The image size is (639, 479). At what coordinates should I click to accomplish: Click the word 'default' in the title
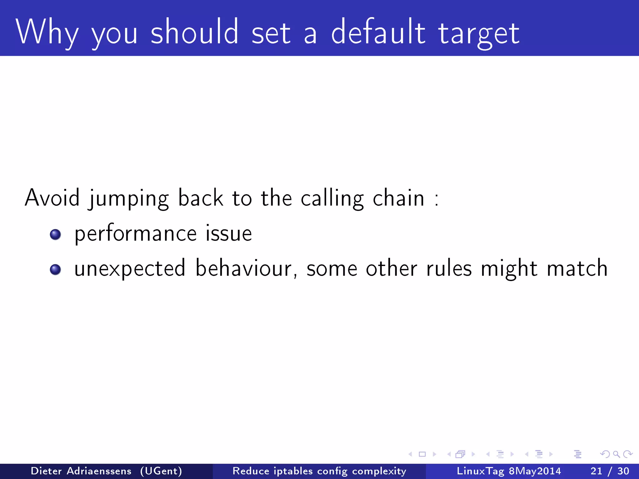pos(378,32)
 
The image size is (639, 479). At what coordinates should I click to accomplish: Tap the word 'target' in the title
pos(479,34)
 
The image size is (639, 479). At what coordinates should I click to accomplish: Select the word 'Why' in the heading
pos(47,32)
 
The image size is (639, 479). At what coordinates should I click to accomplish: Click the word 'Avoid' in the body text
pos(52,198)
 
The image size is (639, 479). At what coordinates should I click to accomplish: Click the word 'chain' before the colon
pos(398,198)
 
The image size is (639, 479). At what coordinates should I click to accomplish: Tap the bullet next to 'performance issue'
pos(55,235)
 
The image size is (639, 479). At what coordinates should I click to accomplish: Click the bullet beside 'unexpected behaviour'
pos(55,269)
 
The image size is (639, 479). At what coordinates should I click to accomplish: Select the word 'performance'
pos(136,234)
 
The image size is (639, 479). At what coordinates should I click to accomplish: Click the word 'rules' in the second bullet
pos(449,268)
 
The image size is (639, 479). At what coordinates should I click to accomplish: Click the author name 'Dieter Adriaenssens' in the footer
pos(81,471)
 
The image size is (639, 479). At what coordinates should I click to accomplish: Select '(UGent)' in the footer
pos(161,471)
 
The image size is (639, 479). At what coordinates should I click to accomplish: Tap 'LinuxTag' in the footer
pos(480,471)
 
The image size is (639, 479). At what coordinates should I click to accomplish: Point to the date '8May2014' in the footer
pos(535,471)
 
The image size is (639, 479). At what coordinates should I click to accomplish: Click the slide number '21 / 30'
pos(610,471)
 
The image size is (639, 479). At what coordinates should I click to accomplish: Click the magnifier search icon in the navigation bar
pos(616,454)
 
